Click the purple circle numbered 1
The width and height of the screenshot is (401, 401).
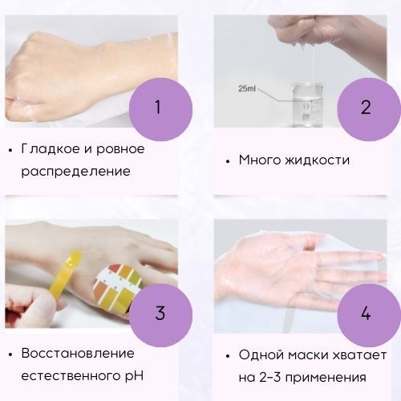click(x=160, y=109)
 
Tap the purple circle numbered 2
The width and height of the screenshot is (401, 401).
click(x=369, y=109)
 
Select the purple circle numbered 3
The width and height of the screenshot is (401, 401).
click(x=160, y=315)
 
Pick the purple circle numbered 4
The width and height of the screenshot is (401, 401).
click(x=369, y=315)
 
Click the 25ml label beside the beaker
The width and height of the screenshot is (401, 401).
click(x=247, y=88)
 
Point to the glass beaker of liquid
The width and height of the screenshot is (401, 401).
click(x=306, y=105)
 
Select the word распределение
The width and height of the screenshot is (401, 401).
click(x=75, y=172)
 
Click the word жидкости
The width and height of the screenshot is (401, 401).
click(x=317, y=160)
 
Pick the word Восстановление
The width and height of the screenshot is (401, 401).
click(x=78, y=354)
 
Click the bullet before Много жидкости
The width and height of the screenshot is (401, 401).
click(x=228, y=161)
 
